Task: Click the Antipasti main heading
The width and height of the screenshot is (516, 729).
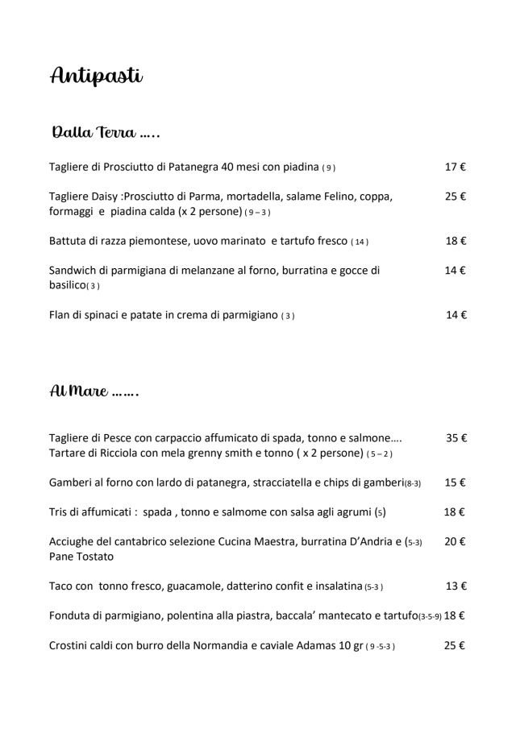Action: [x=96, y=77]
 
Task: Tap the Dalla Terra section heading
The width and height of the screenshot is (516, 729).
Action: [x=105, y=131]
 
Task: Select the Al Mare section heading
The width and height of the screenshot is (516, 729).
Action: [x=94, y=392]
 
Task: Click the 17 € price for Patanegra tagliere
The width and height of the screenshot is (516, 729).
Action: [x=456, y=168]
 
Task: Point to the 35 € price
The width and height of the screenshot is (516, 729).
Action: [x=456, y=438]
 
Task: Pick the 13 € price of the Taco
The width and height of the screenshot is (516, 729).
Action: [x=456, y=586]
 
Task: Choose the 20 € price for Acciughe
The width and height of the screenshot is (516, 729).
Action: [x=455, y=541]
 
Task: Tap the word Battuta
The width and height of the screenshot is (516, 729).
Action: [x=69, y=241]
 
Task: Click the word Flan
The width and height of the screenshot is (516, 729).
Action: [x=61, y=315]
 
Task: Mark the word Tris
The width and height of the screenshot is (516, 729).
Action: [x=59, y=512]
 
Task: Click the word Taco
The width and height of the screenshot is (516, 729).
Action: [x=62, y=586]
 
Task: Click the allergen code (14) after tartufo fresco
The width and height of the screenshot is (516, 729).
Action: [x=360, y=242]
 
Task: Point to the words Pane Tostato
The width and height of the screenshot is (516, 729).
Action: [x=81, y=557]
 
